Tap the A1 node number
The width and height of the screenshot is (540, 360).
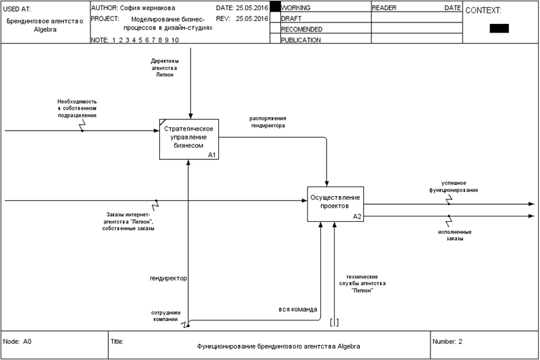coord(212,155)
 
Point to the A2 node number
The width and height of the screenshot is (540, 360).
coord(357,216)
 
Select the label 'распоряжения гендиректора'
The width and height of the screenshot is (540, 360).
coord(267,121)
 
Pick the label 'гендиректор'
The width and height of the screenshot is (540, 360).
coord(168,278)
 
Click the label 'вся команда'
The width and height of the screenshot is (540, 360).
coord(298,309)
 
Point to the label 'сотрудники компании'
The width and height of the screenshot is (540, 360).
coord(165,316)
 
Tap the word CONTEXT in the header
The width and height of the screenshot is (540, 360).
coord(483,11)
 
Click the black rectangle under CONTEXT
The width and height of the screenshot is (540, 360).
coord(499,29)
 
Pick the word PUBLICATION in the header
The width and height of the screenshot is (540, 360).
coord(301,40)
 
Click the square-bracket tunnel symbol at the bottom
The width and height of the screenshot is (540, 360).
coord(334,322)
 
